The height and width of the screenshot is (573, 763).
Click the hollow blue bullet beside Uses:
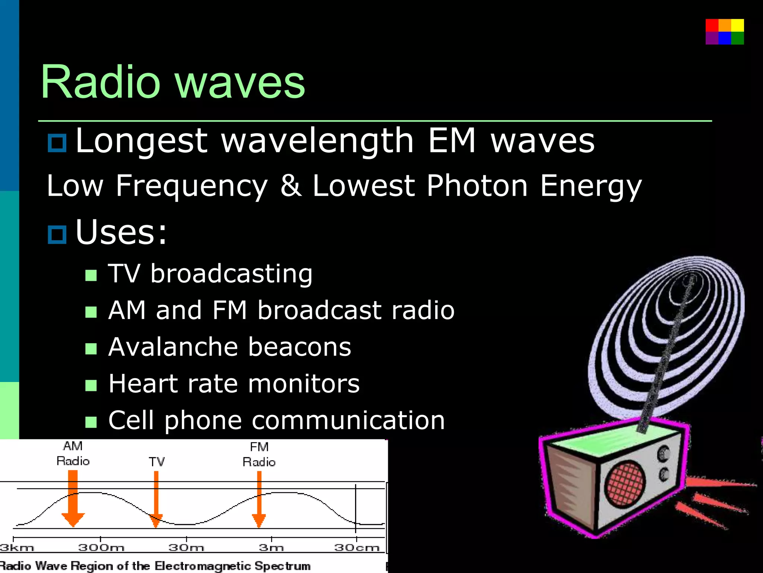click(57, 235)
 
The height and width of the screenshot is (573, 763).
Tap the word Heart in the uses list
click(143, 384)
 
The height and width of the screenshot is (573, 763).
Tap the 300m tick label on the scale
click(101, 548)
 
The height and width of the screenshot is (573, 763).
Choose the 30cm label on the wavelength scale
click(357, 548)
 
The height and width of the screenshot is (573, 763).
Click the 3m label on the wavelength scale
click(271, 548)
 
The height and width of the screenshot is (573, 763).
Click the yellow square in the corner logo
click(737, 25)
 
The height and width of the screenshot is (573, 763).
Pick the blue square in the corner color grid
click(725, 38)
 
